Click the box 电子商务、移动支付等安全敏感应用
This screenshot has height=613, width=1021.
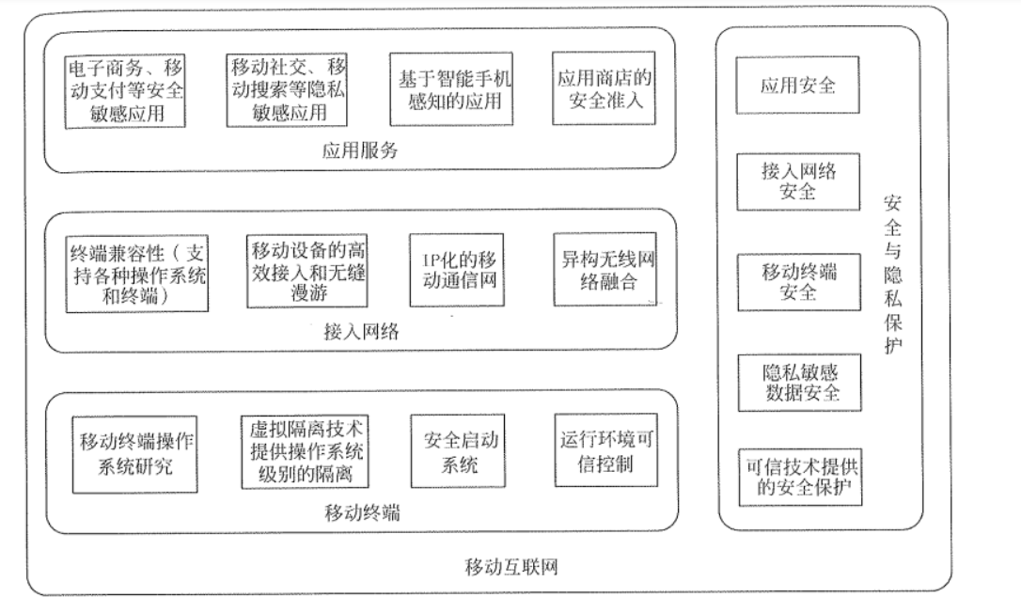coord(126,91)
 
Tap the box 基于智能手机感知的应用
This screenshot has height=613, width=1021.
coord(451,91)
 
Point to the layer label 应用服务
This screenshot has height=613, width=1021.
coord(360,150)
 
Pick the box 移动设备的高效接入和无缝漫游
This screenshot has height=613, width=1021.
coord(300,272)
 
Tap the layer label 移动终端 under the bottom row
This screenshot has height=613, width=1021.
coord(362,512)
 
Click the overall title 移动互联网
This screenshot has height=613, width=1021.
coord(513,568)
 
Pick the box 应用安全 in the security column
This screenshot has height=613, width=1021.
coord(798,86)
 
